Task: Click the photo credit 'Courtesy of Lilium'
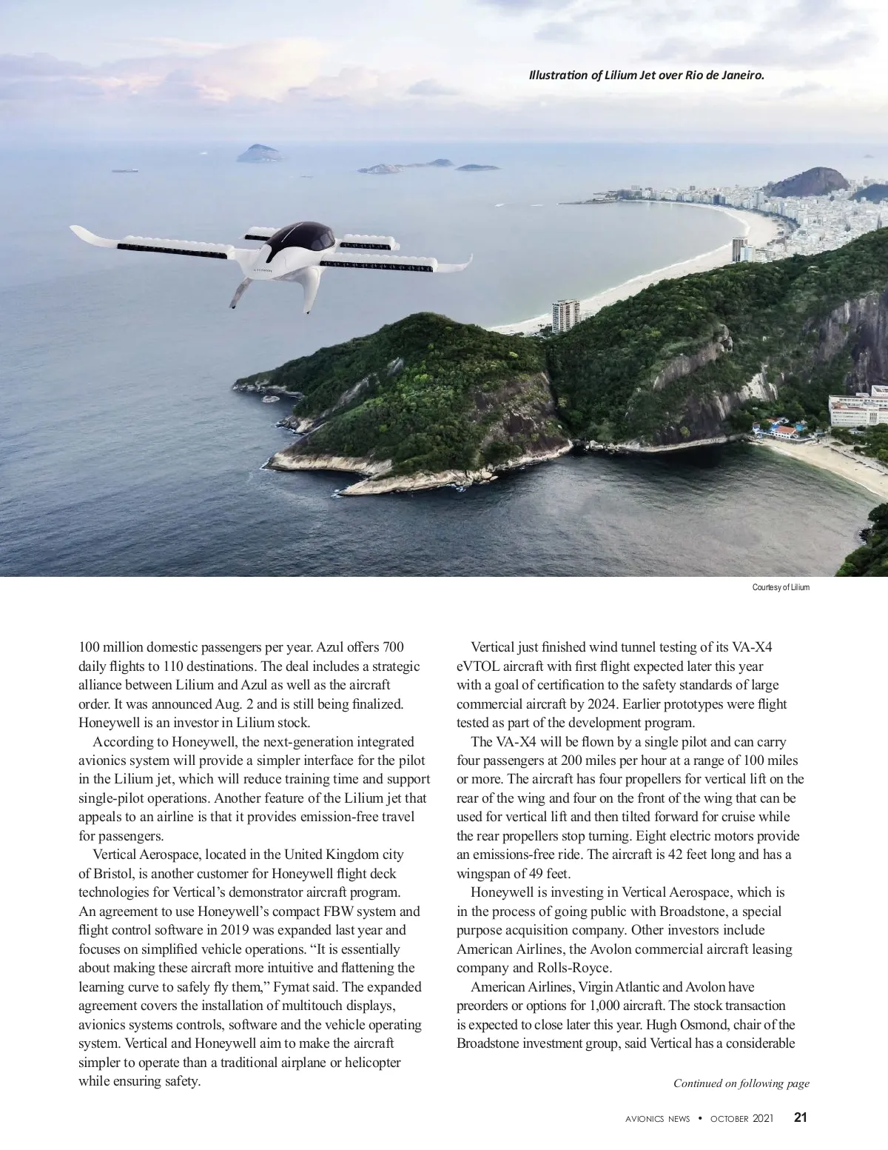pyautogui.click(x=781, y=587)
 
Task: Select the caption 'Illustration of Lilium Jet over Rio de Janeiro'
pyautogui.click(x=645, y=75)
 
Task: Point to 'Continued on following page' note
pyautogui.click(x=741, y=1083)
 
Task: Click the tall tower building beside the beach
pyautogui.click(x=565, y=315)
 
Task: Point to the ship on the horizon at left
pyautogui.click(x=124, y=170)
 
